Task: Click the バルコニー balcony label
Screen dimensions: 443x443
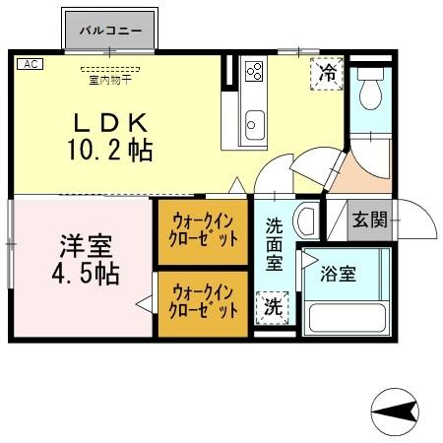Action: tap(112, 30)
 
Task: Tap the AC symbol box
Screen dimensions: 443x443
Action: tap(29, 64)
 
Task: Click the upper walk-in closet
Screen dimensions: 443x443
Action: tap(205, 231)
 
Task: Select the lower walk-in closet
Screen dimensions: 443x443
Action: tap(205, 301)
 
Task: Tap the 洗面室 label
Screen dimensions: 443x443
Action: tap(275, 243)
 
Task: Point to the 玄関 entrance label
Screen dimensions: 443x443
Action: tap(371, 220)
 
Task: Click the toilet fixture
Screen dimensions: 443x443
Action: tap(370, 94)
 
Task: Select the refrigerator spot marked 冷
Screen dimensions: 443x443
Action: tap(329, 73)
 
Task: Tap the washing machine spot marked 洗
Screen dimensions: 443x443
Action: tap(273, 306)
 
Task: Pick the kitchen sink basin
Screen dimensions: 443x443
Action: tap(254, 126)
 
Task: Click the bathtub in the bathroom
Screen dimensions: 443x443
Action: tap(345, 317)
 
